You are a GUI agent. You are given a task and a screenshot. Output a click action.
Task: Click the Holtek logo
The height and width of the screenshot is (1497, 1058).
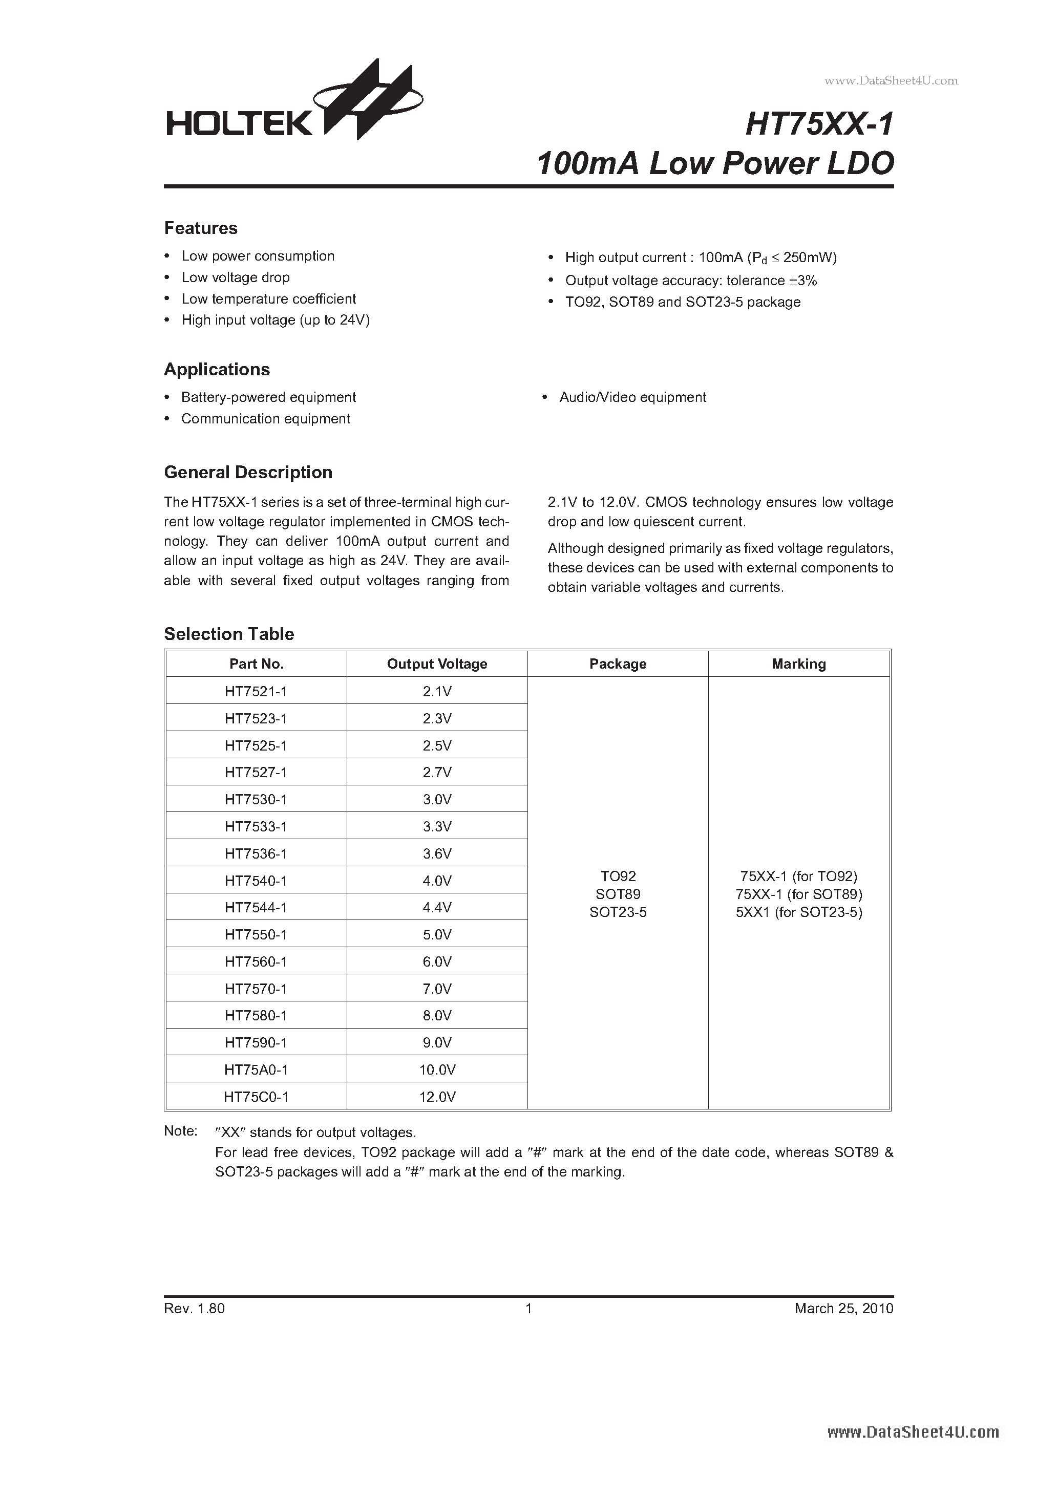click(x=293, y=104)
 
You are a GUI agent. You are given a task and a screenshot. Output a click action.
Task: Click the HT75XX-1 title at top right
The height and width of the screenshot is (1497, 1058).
click(x=819, y=124)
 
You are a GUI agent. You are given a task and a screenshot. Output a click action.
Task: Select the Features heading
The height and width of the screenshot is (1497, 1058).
click(x=200, y=228)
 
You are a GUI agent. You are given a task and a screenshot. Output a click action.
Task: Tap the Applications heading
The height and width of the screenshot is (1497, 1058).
click(x=217, y=370)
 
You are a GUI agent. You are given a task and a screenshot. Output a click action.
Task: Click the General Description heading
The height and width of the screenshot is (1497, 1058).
click(x=248, y=472)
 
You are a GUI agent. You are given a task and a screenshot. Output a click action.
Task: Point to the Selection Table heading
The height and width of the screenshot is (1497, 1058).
click(x=228, y=634)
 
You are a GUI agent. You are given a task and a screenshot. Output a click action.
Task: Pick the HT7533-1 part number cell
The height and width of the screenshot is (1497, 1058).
click(x=256, y=826)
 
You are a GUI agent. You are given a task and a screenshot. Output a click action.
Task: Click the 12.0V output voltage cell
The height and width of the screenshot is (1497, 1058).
click(x=436, y=1097)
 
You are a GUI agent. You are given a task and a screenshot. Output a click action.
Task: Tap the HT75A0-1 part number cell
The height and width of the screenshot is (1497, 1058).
click(x=256, y=1070)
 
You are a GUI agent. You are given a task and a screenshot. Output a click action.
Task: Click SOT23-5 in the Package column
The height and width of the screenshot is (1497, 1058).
click(x=618, y=912)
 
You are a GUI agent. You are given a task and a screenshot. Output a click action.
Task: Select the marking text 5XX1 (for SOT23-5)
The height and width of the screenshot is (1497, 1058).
click(x=798, y=912)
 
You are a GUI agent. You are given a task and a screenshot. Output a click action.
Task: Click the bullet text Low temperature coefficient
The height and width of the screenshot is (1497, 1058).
click(x=268, y=298)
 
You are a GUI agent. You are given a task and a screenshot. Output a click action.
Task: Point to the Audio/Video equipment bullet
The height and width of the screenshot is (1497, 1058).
click(x=632, y=397)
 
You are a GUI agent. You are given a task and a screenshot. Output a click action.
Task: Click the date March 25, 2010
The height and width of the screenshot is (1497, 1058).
click(x=843, y=1308)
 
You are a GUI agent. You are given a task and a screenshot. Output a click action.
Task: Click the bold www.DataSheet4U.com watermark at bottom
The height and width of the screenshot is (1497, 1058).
click(x=913, y=1432)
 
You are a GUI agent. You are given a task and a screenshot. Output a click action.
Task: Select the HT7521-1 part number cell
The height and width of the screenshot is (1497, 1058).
click(x=256, y=691)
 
